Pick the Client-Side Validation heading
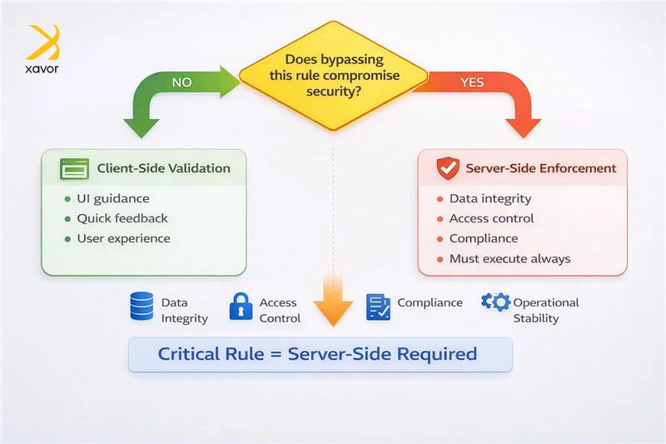tap(163, 168)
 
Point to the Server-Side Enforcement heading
tap(540, 168)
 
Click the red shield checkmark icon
tap(448, 168)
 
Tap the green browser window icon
tap(74, 169)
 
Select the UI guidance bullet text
tap(113, 199)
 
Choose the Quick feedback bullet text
tap(122, 218)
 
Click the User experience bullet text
tap(123, 238)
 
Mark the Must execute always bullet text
tap(509, 258)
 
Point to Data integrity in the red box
tap(490, 199)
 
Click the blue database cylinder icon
tap(142, 307)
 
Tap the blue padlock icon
tap(241, 307)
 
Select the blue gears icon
tap(495, 302)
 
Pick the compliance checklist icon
tap(378, 307)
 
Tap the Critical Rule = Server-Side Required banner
tap(320, 354)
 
